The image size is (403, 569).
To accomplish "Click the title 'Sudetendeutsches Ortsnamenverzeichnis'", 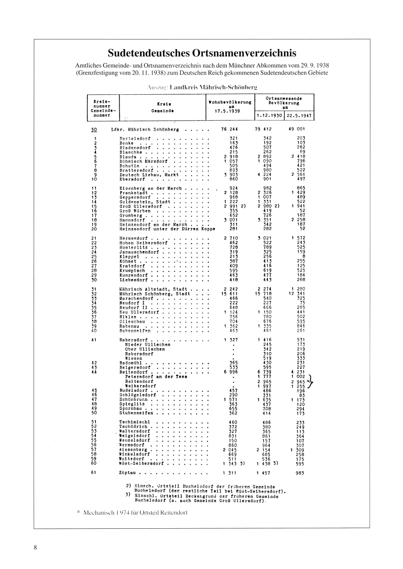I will (x=202, y=53).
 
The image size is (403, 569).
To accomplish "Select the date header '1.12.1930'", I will (x=270, y=116).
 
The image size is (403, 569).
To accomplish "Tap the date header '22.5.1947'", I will (x=299, y=116).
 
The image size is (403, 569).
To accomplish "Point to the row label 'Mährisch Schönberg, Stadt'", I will (x=155, y=294).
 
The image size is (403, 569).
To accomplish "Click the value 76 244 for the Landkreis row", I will (x=229, y=129).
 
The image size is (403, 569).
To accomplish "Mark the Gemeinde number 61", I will (x=93, y=473).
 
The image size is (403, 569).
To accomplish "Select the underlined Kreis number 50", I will (x=93, y=129).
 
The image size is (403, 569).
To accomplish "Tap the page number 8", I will (x=35, y=547).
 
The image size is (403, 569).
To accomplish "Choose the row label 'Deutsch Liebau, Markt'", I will (x=149, y=175).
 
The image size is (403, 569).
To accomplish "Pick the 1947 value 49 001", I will (x=297, y=129).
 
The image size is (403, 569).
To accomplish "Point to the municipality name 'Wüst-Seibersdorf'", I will (x=141, y=463).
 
